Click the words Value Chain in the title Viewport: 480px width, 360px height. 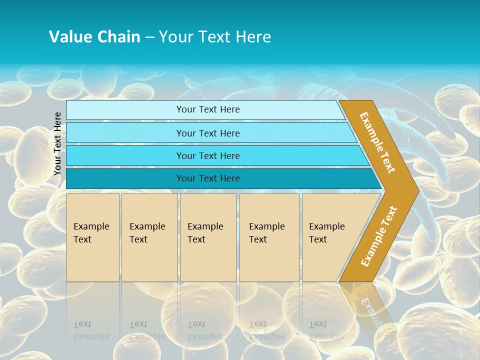tap(94, 37)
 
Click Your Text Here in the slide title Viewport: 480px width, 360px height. tap(215, 37)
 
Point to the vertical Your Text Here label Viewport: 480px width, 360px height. tap(57, 144)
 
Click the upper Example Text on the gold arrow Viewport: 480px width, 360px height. tap(377, 142)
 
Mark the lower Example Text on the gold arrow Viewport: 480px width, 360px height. tap(379, 236)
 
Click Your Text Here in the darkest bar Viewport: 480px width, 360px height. tap(208, 178)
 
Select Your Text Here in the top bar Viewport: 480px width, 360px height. tap(208, 109)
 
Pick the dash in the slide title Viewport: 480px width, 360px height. tap(149, 37)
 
